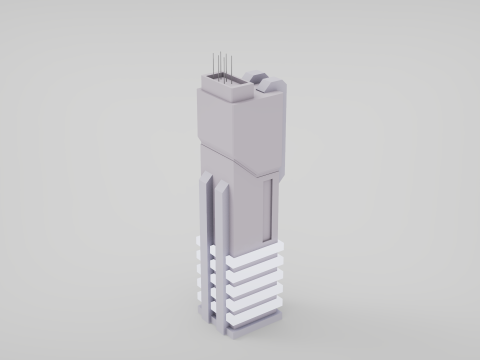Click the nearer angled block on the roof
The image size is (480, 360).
tap(269, 91)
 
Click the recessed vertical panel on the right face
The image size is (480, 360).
tap(268, 210)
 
